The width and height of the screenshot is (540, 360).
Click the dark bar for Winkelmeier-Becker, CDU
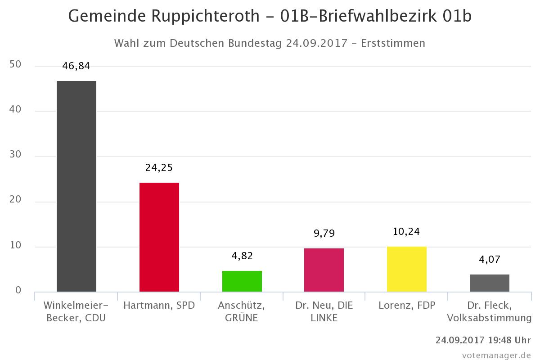(x=76, y=186)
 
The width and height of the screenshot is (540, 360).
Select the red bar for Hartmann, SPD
(x=159, y=237)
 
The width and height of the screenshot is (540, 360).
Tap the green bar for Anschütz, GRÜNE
(x=242, y=281)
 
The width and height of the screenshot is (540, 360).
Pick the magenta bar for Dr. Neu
(x=324, y=270)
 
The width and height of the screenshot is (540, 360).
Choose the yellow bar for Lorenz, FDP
(x=407, y=269)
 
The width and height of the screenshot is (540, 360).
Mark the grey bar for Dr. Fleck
(x=490, y=283)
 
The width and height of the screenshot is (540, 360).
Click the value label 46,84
(x=76, y=66)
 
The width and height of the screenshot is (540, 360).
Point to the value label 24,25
(x=159, y=168)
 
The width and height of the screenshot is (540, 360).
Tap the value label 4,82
(x=242, y=256)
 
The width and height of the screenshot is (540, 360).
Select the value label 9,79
(x=324, y=234)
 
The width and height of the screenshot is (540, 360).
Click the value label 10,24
(x=407, y=232)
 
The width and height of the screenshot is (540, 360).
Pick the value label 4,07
(x=490, y=260)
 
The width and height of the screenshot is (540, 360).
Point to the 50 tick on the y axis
(x=15, y=65)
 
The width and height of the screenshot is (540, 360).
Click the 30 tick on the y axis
(x=15, y=156)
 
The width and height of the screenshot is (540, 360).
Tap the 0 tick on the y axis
(x=18, y=291)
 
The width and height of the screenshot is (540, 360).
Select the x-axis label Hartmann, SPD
(x=159, y=306)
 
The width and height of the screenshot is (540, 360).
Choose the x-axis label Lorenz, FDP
(x=407, y=306)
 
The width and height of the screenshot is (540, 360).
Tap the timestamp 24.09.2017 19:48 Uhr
(x=483, y=340)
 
